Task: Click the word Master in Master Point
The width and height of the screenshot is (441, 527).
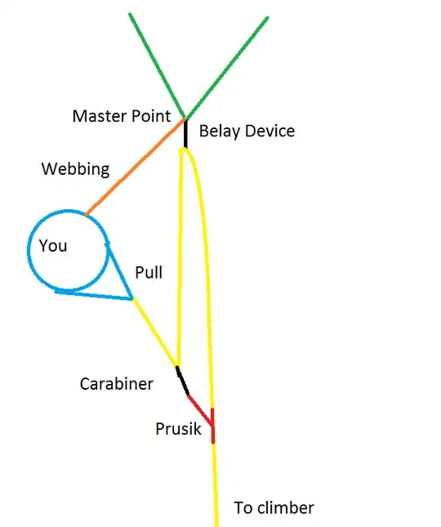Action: [x=100, y=116]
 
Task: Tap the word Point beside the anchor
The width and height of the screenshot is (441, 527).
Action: [x=151, y=116]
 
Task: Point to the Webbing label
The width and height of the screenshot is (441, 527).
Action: [x=76, y=169]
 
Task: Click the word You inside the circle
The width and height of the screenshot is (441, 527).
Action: [x=53, y=246]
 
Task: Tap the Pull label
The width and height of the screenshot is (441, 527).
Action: [x=149, y=272]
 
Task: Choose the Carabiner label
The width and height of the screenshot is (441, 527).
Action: [x=117, y=384]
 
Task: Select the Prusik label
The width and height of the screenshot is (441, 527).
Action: [x=178, y=429]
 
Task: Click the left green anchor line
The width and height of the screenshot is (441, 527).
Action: [x=157, y=66]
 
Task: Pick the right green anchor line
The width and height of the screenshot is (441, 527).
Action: [x=226, y=68]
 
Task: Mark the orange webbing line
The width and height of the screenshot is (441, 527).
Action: [x=136, y=167]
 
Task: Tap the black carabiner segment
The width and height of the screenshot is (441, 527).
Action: [x=182, y=381]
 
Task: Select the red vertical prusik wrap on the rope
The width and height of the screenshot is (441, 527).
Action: [x=212, y=426]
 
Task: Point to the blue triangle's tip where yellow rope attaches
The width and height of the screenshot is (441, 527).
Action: [x=132, y=297]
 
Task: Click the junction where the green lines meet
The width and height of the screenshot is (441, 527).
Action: [x=185, y=118]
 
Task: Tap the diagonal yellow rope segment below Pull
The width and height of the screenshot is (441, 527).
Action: [x=154, y=332]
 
